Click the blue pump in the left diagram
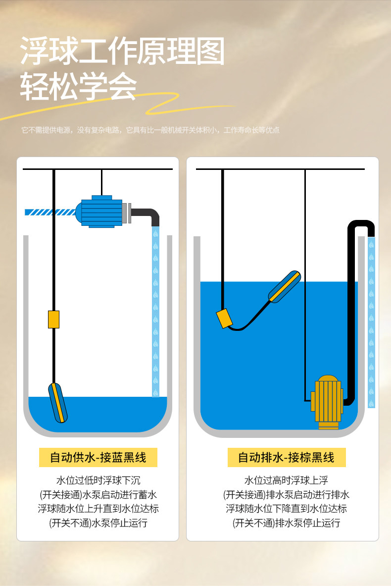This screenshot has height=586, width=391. (x=101, y=213)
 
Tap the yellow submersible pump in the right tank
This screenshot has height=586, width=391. (x=327, y=401)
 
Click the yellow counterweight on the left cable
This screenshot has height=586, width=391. (x=53, y=320)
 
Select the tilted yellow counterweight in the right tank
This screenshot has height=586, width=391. (x=224, y=318)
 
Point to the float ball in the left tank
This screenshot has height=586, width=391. (x=58, y=402)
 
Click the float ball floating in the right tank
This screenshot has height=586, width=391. (x=285, y=286)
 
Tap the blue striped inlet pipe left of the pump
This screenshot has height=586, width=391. (x=49, y=212)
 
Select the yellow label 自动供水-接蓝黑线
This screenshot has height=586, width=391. (x=98, y=457)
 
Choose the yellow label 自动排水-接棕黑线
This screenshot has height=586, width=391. (x=286, y=457)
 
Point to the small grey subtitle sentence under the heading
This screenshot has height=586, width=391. (x=150, y=130)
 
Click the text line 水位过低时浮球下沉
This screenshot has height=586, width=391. (x=98, y=480)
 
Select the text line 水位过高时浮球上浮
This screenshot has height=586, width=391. (x=286, y=480)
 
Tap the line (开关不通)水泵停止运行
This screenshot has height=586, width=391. (x=98, y=523)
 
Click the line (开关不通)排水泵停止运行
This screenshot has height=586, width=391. (x=286, y=523)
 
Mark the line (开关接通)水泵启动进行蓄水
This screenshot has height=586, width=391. (x=98, y=494)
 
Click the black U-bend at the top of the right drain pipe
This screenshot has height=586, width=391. (x=361, y=225)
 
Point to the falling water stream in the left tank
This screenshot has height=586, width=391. (x=155, y=312)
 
